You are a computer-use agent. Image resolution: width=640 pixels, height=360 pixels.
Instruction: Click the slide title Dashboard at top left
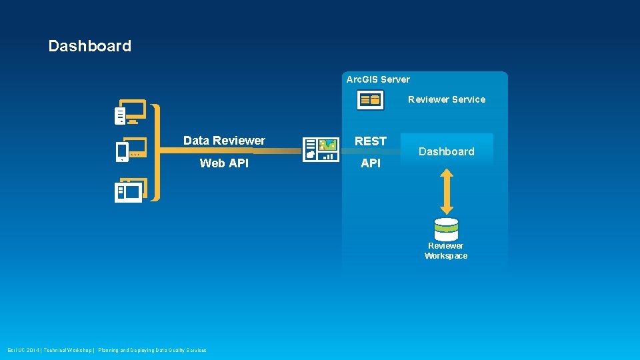(x=90, y=46)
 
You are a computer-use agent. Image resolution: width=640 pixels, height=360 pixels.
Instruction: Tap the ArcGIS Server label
(x=378, y=79)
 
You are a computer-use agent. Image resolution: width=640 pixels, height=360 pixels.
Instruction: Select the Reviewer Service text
(x=447, y=99)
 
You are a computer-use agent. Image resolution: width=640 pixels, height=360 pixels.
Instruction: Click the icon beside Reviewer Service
(x=369, y=100)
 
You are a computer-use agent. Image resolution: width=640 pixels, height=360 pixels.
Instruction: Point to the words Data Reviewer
(x=224, y=141)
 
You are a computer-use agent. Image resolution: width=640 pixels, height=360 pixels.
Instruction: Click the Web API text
(x=224, y=163)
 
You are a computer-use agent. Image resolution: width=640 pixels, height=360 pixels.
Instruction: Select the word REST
(x=371, y=141)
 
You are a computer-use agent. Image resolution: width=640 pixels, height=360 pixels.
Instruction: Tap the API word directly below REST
(x=371, y=163)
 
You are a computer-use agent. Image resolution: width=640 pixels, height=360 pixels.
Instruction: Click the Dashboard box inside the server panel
(x=447, y=151)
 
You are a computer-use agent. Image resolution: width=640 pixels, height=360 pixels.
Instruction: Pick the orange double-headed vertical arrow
(x=447, y=191)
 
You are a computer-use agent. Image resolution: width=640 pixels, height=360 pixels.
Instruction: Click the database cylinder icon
(x=446, y=229)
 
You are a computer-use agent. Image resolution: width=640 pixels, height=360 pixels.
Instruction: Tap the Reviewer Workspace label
(x=446, y=251)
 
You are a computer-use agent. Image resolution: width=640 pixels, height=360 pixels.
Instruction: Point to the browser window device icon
(x=130, y=191)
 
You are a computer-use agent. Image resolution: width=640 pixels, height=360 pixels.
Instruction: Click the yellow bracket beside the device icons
(x=156, y=152)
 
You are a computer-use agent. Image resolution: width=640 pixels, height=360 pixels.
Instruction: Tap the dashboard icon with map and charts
(x=321, y=150)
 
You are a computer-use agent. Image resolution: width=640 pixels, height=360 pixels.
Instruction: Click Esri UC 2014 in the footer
(x=24, y=350)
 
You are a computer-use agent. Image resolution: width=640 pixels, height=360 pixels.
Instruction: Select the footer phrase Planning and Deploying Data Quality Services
(x=152, y=350)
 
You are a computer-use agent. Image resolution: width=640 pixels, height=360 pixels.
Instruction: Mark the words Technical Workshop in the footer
(x=69, y=350)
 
